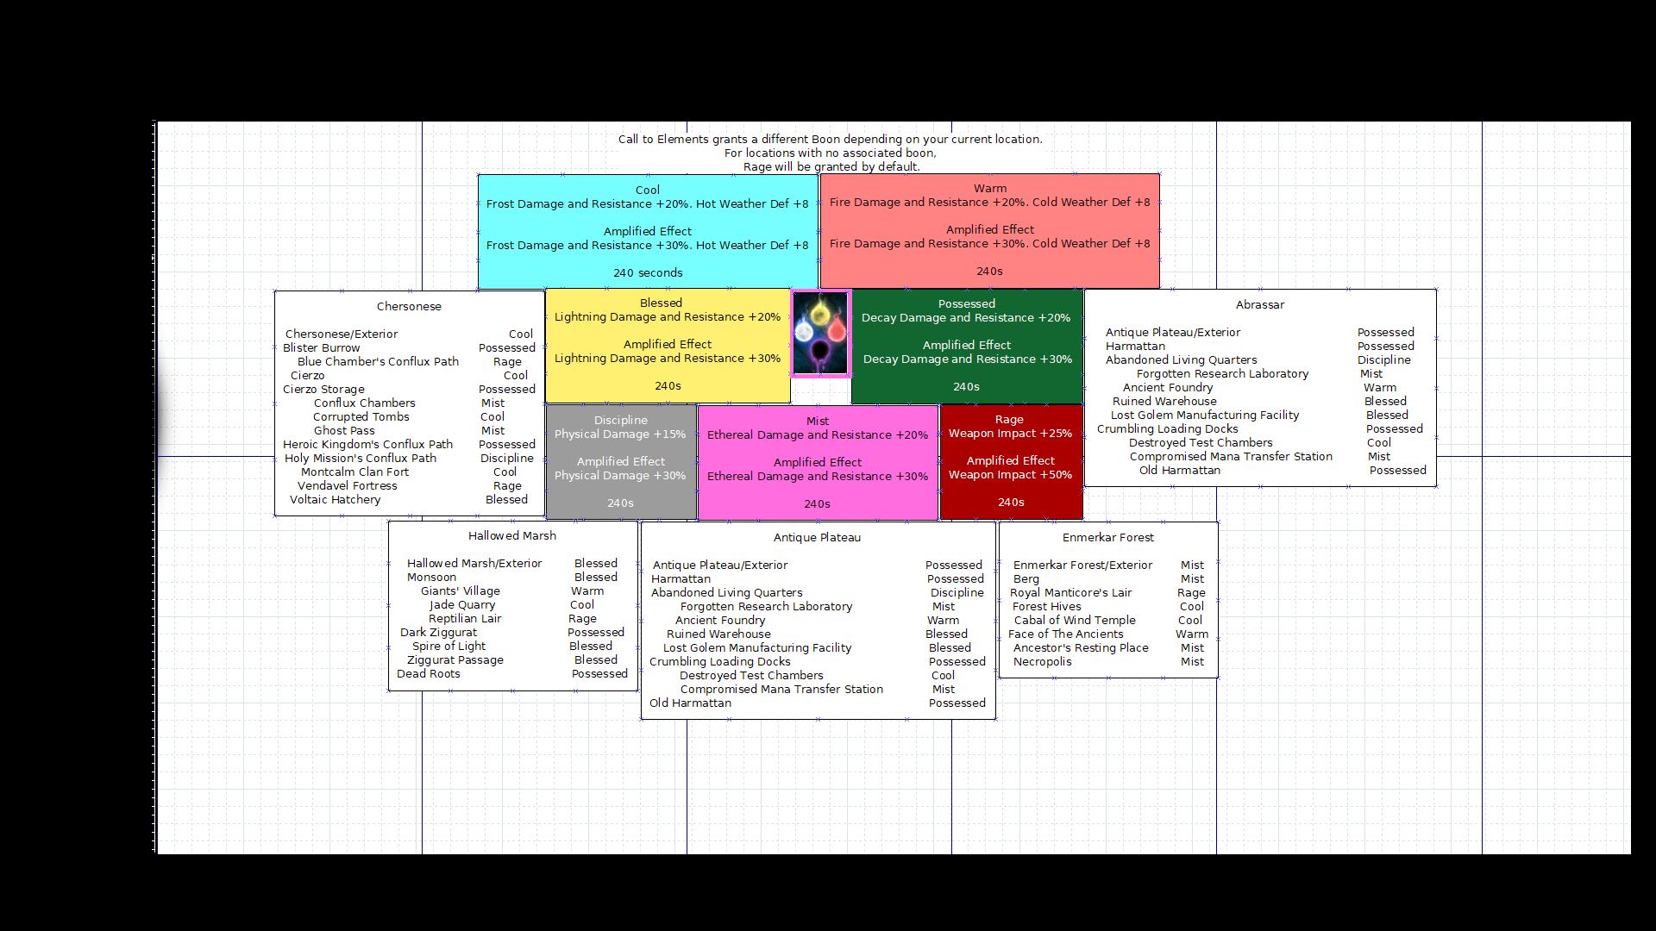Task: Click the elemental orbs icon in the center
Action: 820,334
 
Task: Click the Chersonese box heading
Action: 409,306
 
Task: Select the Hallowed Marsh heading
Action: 512,535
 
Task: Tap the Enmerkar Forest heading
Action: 1107,537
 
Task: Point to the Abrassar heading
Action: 1259,304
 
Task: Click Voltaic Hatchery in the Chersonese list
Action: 335,499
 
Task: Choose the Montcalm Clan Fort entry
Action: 354,472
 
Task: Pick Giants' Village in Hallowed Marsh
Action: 460,590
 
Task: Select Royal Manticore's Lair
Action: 1070,592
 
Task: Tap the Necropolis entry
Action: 1042,661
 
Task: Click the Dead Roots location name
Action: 428,673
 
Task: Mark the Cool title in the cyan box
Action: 647,190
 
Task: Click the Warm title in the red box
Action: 989,188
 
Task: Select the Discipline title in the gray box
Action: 620,420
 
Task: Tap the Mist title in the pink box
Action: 817,421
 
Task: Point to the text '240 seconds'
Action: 647,272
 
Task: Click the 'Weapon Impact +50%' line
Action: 1010,474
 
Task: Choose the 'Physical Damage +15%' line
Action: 619,434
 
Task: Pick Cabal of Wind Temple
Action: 1074,620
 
